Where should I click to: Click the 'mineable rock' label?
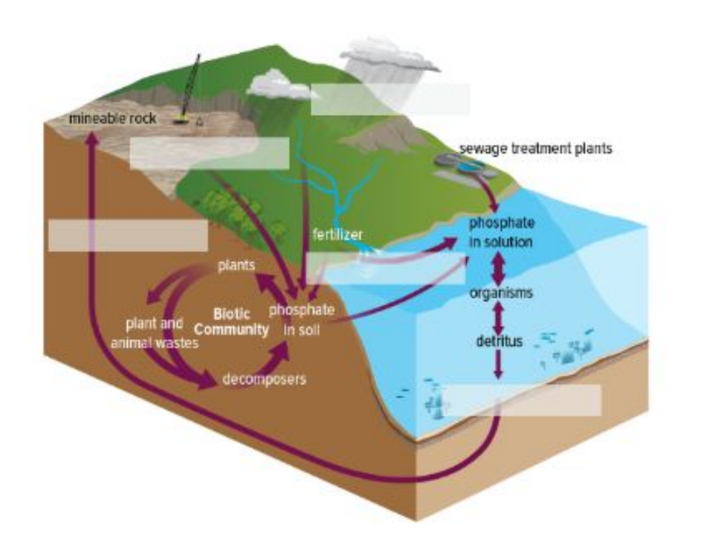[112, 118]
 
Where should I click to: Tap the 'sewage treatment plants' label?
[535, 149]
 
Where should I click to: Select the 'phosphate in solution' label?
[501, 232]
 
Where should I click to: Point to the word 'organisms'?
[501, 293]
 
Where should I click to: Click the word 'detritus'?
[499, 342]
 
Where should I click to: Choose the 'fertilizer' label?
[337, 235]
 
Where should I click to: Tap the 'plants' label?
[236, 265]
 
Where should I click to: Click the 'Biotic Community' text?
[231, 322]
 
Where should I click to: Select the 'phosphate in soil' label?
[301, 319]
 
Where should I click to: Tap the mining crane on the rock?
[190, 89]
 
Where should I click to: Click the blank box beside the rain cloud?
[390, 99]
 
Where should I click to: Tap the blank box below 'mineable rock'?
[209, 153]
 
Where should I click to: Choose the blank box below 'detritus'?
[523, 400]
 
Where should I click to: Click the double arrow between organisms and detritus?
[499, 317]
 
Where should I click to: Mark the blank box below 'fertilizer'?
[386, 268]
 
